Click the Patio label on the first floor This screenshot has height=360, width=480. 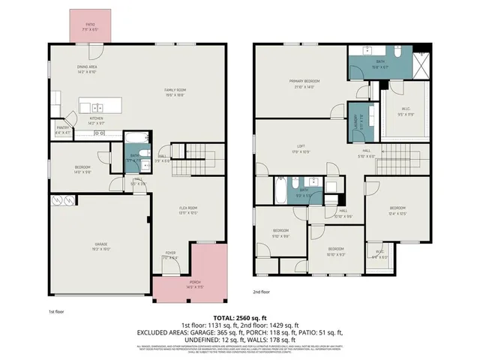coord(89,25)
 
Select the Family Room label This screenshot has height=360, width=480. coord(175,91)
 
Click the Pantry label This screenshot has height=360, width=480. coord(63,128)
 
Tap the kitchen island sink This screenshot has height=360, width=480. coord(97,106)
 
